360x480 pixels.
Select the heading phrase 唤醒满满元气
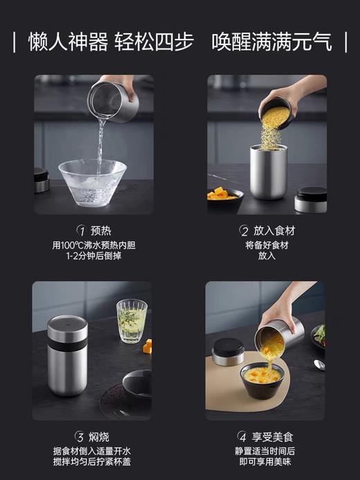pos(273,42)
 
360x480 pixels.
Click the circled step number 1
pos(80,231)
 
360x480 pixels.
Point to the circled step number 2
pos(244,231)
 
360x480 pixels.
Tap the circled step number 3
pos(80,437)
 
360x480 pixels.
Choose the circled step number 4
pos(242,437)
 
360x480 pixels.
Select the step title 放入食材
pos(274,231)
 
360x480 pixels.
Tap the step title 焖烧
pos(100,437)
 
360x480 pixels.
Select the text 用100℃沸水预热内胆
pos(93,245)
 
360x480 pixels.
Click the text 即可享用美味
pos(267,462)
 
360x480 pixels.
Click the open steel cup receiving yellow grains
pos(269,170)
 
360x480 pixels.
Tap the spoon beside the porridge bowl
pos(318,364)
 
